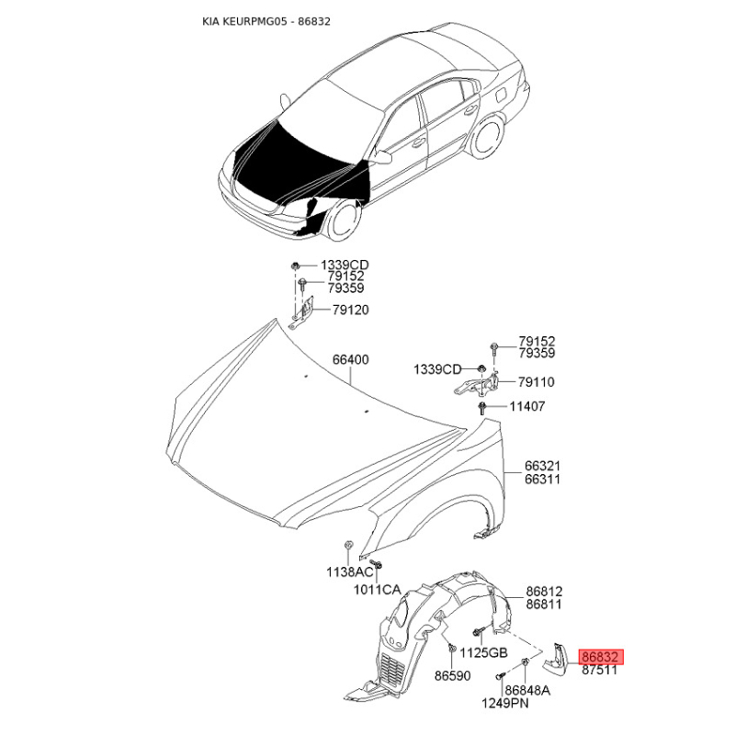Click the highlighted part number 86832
click(x=603, y=657)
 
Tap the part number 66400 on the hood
click(x=351, y=359)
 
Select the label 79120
click(x=351, y=310)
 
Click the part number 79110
click(x=537, y=382)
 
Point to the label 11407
click(x=527, y=406)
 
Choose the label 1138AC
click(x=350, y=571)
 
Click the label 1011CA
click(x=378, y=589)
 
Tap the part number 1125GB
click(x=484, y=652)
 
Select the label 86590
click(x=452, y=675)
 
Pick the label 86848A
click(x=527, y=690)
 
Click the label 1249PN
click(x=505, y=703)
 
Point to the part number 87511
click(x=600, y=670)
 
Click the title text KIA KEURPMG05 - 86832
click(x=266, y=21)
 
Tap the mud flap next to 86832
click(x=556, y=659)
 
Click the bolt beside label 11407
click(x=481, y=408)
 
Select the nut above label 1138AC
click(x=348, y=545)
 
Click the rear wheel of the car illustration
click(x=489, y=137)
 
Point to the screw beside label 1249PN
click(x=501, y=676)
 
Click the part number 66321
click(x=542, y=466)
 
